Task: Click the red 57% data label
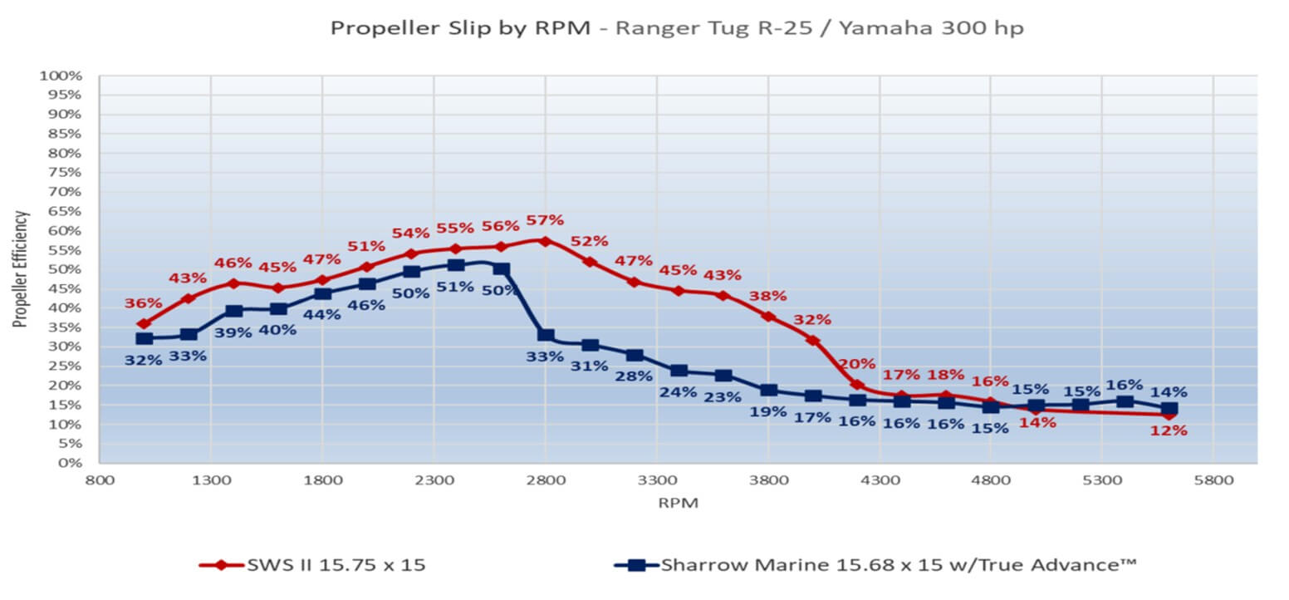pyautogui.click(x=545, y=221)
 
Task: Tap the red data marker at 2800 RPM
pyautogui.click(x=545, y=241)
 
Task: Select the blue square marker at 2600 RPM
pyautogui.click(x=501, y=268)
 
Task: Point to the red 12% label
pyautogui.click(x=1169, y=430)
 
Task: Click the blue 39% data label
pyautogui.click(x=233, y=332)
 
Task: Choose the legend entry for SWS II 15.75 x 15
pyautogui.click(x=313, y=565)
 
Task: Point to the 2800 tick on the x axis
pyautogui.click(x=546, y=480)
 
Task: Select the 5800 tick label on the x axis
pyautogui.click(x=1213, y=480)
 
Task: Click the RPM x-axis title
pyautogui.click(x=679, y=503)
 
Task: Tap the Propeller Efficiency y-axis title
pyautogui.click(x=21, y=268)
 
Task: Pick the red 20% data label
pyautogui.click(x=856, y=364)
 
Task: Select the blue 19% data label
pyautogui.click(x=768, y=411)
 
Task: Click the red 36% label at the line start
pyautogui.click(x=144, y=304)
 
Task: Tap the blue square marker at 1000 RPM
pyautogui.click(x=145, y=338)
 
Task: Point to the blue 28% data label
pyautogui.click(x=634, y=376)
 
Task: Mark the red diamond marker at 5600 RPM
pyautogui.click(x=1169, y=414)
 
